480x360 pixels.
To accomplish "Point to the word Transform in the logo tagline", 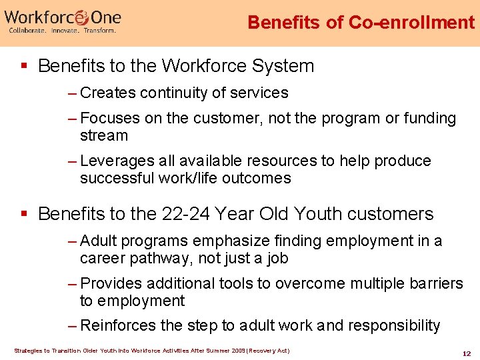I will coord(99,31).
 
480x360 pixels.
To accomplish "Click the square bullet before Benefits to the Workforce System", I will coord(25,66).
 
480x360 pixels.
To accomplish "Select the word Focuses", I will coord(110,119).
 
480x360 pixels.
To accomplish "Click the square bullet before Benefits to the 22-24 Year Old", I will coord(25,214).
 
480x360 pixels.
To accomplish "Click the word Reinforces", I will coord(119,325).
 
